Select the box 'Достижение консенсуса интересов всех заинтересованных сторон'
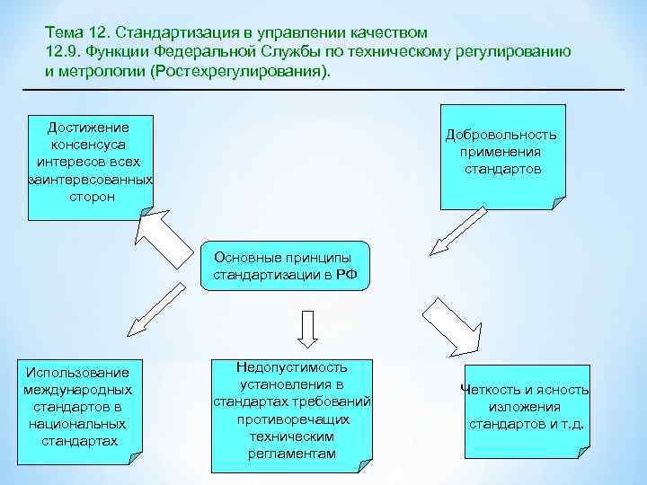91,168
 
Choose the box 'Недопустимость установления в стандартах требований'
292,414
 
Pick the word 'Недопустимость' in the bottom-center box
291,367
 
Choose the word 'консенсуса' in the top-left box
90,145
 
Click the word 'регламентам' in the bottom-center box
291,454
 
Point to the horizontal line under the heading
323,90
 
